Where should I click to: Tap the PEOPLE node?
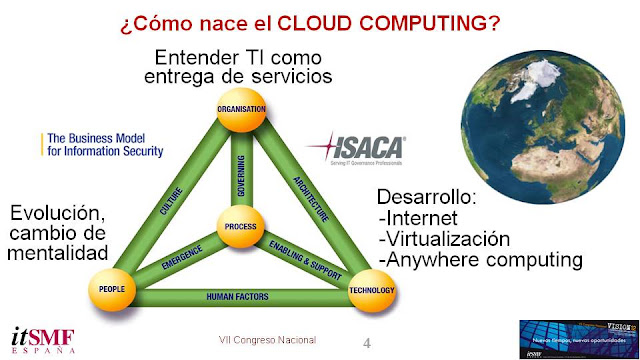112,288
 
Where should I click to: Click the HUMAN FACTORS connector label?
241,296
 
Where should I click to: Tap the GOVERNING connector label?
240,160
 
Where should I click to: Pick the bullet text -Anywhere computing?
481,261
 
